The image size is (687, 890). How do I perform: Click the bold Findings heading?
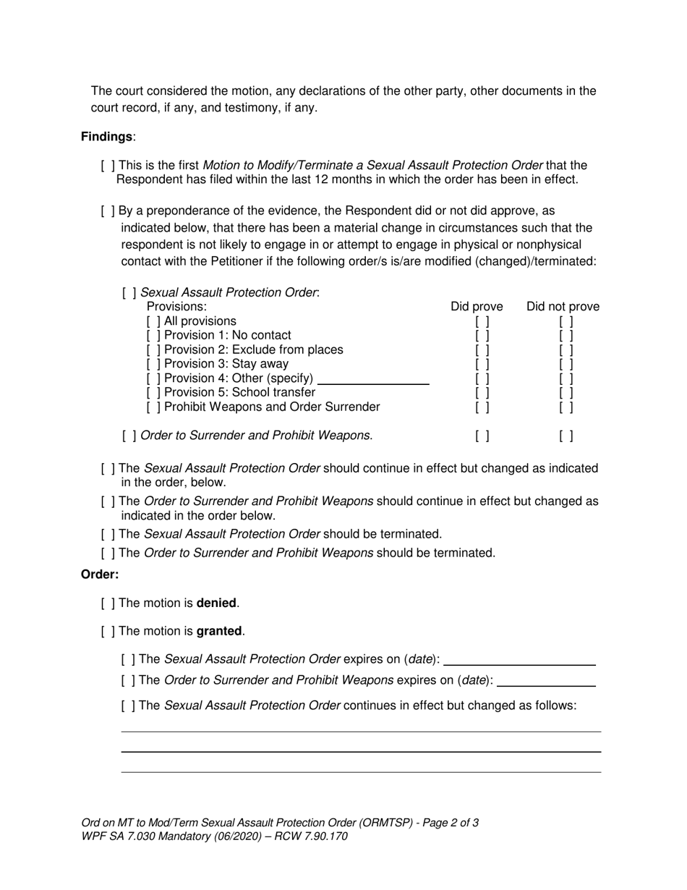pyautogui.click(x=106, y=136)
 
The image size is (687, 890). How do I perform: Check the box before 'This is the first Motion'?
pyautogui.click(x=108, y=166)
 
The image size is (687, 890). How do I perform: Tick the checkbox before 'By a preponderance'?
pyautogui.click(x=108, y=211)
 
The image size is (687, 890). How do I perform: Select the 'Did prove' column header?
pyautogui.click(x=477, y=307)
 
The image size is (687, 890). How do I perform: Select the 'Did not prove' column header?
pyautogui.click(x=563, y=307)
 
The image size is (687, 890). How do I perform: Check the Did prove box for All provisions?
pyautogui.click(x=482, y=321)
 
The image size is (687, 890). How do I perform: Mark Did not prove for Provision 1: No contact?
pyautogui.click(x=566, y=336)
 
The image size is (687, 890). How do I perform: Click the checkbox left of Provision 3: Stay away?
pyautogui.click(x=153, y=364)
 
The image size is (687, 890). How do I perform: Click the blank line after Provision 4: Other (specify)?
pyautogui.click(x=373, y=381)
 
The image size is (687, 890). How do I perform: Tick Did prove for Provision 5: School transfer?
pyautogui.click(x=482, y=393)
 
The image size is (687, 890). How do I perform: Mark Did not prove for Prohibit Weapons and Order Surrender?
pyautogui.click(x=566, y=407)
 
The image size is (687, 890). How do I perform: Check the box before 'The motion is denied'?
pyautogui.click(x=108, y=603)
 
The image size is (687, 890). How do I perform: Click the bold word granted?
pyautogui.click(x=220, y=631)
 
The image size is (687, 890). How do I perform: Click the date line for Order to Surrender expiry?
pyautogui.click(x=547, y=682)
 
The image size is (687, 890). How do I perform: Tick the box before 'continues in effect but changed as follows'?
pyautogui.click(x=128, y=705)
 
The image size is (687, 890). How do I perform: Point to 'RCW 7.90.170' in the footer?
pyautogui.click(x=315, y=836)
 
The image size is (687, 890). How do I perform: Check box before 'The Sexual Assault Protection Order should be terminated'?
pyautogui.click(x=108, y=534)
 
